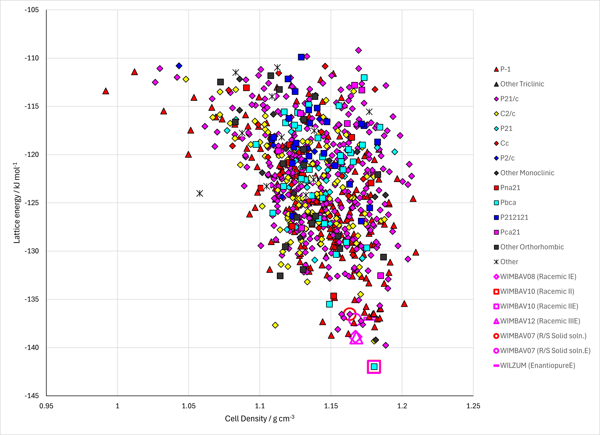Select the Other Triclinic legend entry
(519, 84)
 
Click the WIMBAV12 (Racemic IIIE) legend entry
(537, 321)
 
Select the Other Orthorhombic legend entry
(528, 247)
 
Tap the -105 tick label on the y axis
(31, 10)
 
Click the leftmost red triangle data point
(105, 91)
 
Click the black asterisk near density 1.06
(200, 193)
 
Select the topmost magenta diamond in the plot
(358, 50)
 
